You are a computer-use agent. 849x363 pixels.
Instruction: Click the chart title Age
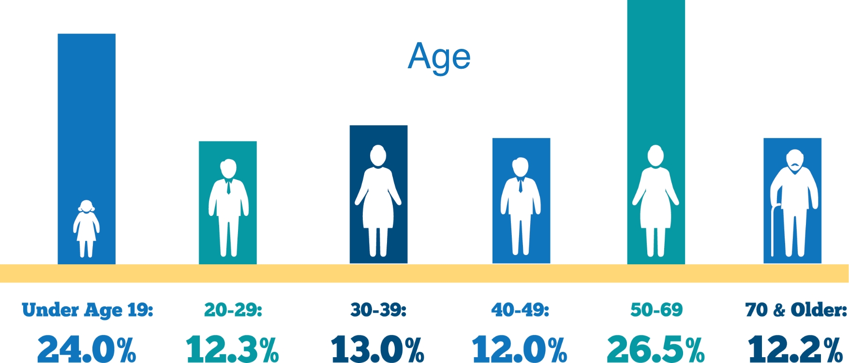click(x=439, y=57)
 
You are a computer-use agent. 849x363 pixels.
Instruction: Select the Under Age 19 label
click(x=88, y=310)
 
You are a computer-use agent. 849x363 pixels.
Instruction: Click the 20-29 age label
click(x=233, y=310)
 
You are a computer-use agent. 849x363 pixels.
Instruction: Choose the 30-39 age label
click(x=378, y=310)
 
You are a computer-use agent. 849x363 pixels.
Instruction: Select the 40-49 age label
click(x=521, y=310)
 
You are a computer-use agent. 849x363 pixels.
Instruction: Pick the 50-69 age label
click(x=656, y=310)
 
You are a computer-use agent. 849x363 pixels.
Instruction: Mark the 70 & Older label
click(x=796, y=310)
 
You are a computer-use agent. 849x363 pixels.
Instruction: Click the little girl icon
click(x=86, y=228)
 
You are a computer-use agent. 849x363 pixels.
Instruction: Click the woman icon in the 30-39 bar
click(x=378, y=201)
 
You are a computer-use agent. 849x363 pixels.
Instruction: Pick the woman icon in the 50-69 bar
click(x=655, y=201)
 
